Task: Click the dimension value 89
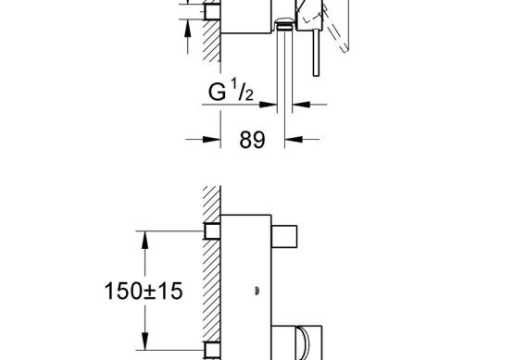(x=252, y=140)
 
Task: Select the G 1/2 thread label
(x=231, y=90)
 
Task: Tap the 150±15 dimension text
(x=144, y=291)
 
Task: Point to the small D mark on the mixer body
(x=257, y=291)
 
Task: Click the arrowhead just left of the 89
(x=211, y=140)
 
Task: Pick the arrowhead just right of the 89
(x=294, y=140)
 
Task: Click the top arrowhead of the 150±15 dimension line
(x=144, y=240)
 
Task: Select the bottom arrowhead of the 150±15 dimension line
(x=144, y=341)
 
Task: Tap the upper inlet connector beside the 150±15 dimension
(x=212, y=231)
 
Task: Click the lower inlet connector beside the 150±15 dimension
(x=212, y=350)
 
